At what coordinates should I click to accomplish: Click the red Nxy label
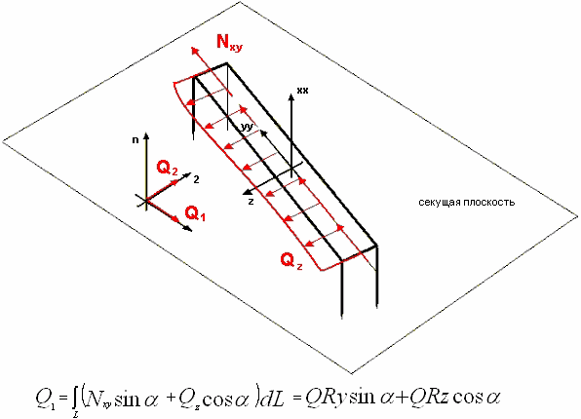coord(230,42)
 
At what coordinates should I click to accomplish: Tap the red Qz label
coord(291,261)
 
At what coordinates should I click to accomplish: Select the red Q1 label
coord(195,213)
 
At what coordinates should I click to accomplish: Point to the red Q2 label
coord(167,168)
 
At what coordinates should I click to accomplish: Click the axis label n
coord(136,140)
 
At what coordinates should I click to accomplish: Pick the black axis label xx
coord(302,91)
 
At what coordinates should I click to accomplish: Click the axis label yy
coord(246,127)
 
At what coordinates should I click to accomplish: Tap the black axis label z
coord(251,202)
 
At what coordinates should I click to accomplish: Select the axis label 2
coord(196,179)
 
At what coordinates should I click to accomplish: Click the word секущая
coord(440,203)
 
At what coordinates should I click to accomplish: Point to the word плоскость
coord(488,203)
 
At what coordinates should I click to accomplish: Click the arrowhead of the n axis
coord(147,135)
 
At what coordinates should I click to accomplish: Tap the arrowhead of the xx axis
coord(291,96)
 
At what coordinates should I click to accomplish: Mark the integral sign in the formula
coord(75,402)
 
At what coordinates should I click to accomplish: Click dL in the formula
coord(272,399)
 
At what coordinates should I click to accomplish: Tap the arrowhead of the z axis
coord(246,192)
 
